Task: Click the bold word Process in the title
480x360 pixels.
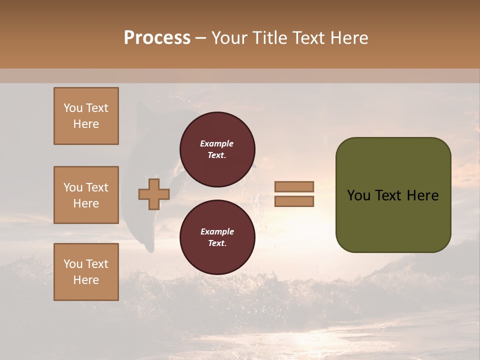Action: [157, 38]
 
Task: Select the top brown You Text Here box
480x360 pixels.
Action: [86, 116]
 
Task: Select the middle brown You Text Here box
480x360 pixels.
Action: [86, 195]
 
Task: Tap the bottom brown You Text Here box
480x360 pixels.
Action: [86, 272]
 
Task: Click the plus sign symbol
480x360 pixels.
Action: [154, 194]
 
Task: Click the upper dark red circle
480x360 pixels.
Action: [217, 149]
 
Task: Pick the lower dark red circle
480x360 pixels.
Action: [217, 237]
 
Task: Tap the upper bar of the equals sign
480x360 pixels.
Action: [294, 187]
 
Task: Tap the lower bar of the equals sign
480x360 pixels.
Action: [294, 201]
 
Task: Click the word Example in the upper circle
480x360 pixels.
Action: [217, 143]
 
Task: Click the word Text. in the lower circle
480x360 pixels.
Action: [217, 243]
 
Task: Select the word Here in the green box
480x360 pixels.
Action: [422, 195]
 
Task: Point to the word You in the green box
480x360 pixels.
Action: [358, 195]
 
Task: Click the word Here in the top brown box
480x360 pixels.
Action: [86, 124]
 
